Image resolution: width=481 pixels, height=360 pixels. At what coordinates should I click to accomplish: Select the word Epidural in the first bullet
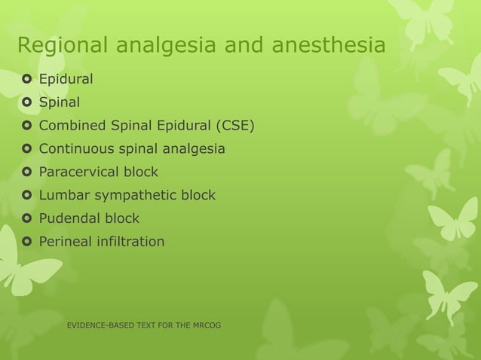point(66,78)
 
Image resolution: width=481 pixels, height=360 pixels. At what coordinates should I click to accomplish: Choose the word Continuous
point(76,148)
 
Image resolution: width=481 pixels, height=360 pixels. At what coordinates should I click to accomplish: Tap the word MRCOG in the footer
point(202,325)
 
